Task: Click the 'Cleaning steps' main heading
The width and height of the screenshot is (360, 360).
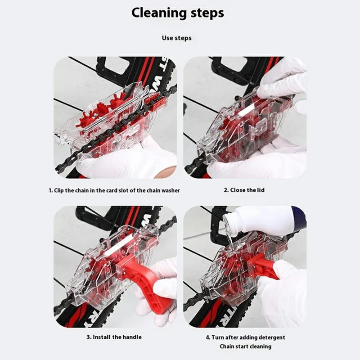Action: pyautogui.click(x=178, y=13)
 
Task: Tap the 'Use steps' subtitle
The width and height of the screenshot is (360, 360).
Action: pyautogui.click(x=176, y=38)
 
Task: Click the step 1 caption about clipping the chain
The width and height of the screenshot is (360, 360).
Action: pyautogui.click(x=114, y=190)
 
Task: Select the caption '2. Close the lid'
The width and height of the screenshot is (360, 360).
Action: pyautogui.click(x=244, y=190)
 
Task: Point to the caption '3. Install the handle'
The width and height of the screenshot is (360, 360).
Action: pyautogui.click(x=114, y=337)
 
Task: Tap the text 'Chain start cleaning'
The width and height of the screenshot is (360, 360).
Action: pyautogui.click(x=245, y=346)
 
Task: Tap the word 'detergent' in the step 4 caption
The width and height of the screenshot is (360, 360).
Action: pyautogui.click(x=272, y=337)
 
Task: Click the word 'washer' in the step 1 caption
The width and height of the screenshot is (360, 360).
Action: pyautogui.click(x=171, y=190)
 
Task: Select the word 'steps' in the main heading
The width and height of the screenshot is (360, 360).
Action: pyautogui.click(x=207, y=13)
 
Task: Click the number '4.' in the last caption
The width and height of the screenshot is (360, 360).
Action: pyautogui.click(x=208, y=337)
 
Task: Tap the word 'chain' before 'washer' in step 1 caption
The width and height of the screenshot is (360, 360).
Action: pyautogui.click(x=153, y=190)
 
